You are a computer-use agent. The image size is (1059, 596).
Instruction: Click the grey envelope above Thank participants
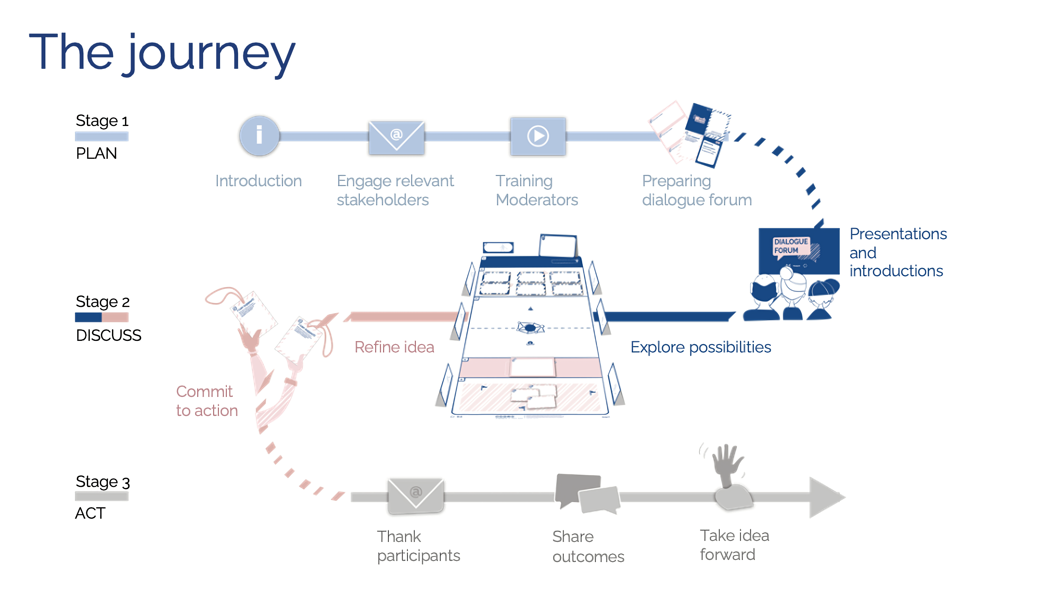tap(416, 496)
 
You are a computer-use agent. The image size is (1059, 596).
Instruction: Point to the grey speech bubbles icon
tap(587, 493)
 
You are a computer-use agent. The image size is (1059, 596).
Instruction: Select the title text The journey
tap(162, 53)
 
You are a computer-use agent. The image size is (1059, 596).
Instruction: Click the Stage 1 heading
tap(102, 121)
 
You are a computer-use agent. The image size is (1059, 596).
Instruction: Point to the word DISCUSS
tap(109, 335)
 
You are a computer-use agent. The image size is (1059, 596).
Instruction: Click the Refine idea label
tap(394, 347)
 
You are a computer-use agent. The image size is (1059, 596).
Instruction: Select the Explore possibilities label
tap(701, 347)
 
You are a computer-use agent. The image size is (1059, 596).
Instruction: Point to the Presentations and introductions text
tap(898, 252)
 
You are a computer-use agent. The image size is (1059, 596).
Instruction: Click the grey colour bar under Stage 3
tap(102, 496)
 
